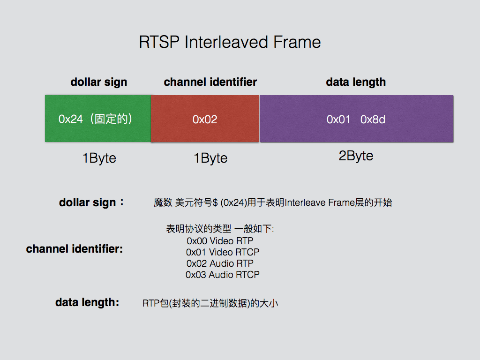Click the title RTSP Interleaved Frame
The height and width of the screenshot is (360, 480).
[230, 42]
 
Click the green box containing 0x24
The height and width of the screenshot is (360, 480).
[97, 119]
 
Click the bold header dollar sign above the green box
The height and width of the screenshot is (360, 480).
[98, 82]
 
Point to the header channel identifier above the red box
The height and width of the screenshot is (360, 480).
[210, 82]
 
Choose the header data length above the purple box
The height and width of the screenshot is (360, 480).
[356, 82]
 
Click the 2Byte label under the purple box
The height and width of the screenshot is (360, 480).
[356, 156]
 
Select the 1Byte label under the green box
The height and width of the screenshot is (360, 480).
[99, 158]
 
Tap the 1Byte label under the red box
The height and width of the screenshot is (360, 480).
[210, 158]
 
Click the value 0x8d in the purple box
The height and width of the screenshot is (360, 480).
[373, 120]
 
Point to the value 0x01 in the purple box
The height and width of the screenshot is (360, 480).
[338, 120]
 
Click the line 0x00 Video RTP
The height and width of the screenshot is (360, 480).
[220, 241]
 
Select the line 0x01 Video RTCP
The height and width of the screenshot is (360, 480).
[222, 252]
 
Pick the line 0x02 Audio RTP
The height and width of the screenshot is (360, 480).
[220, 263]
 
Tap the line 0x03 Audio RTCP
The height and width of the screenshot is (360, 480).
[222, 275]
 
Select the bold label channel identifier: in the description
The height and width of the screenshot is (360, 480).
[74, 249]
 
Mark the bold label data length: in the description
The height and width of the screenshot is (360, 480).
[87, 303]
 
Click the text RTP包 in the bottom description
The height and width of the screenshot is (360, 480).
[155, 303]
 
